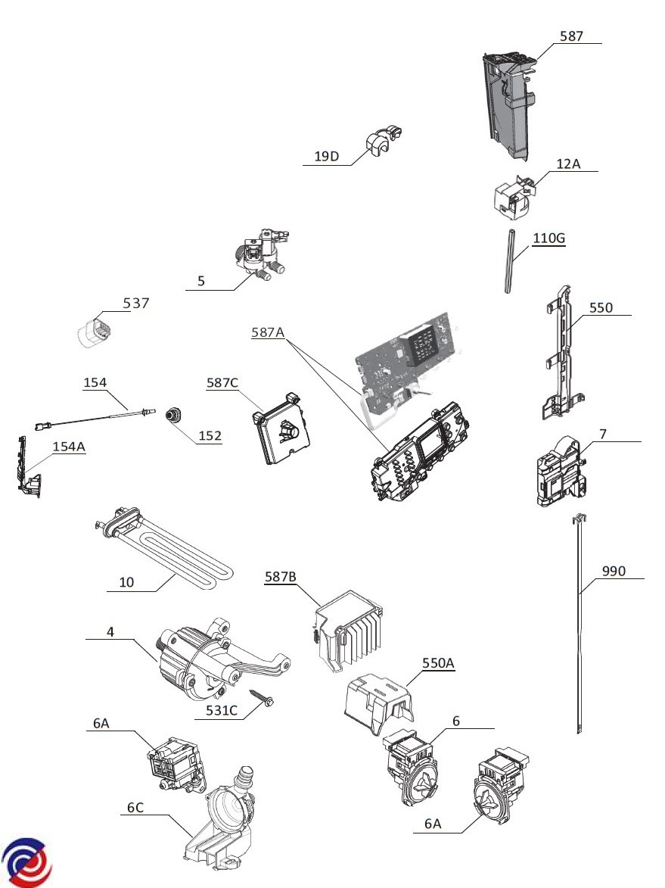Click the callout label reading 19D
[326, 157]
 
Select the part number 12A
[569, 164]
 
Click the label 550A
[438, 662]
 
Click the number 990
[614, 572]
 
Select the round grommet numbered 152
[176, 413]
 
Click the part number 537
[136, 304]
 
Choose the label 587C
[222, 383]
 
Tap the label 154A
[69, 447]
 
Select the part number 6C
[135, 808]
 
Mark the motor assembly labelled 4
[197, 658]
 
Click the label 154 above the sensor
[95, 383]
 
